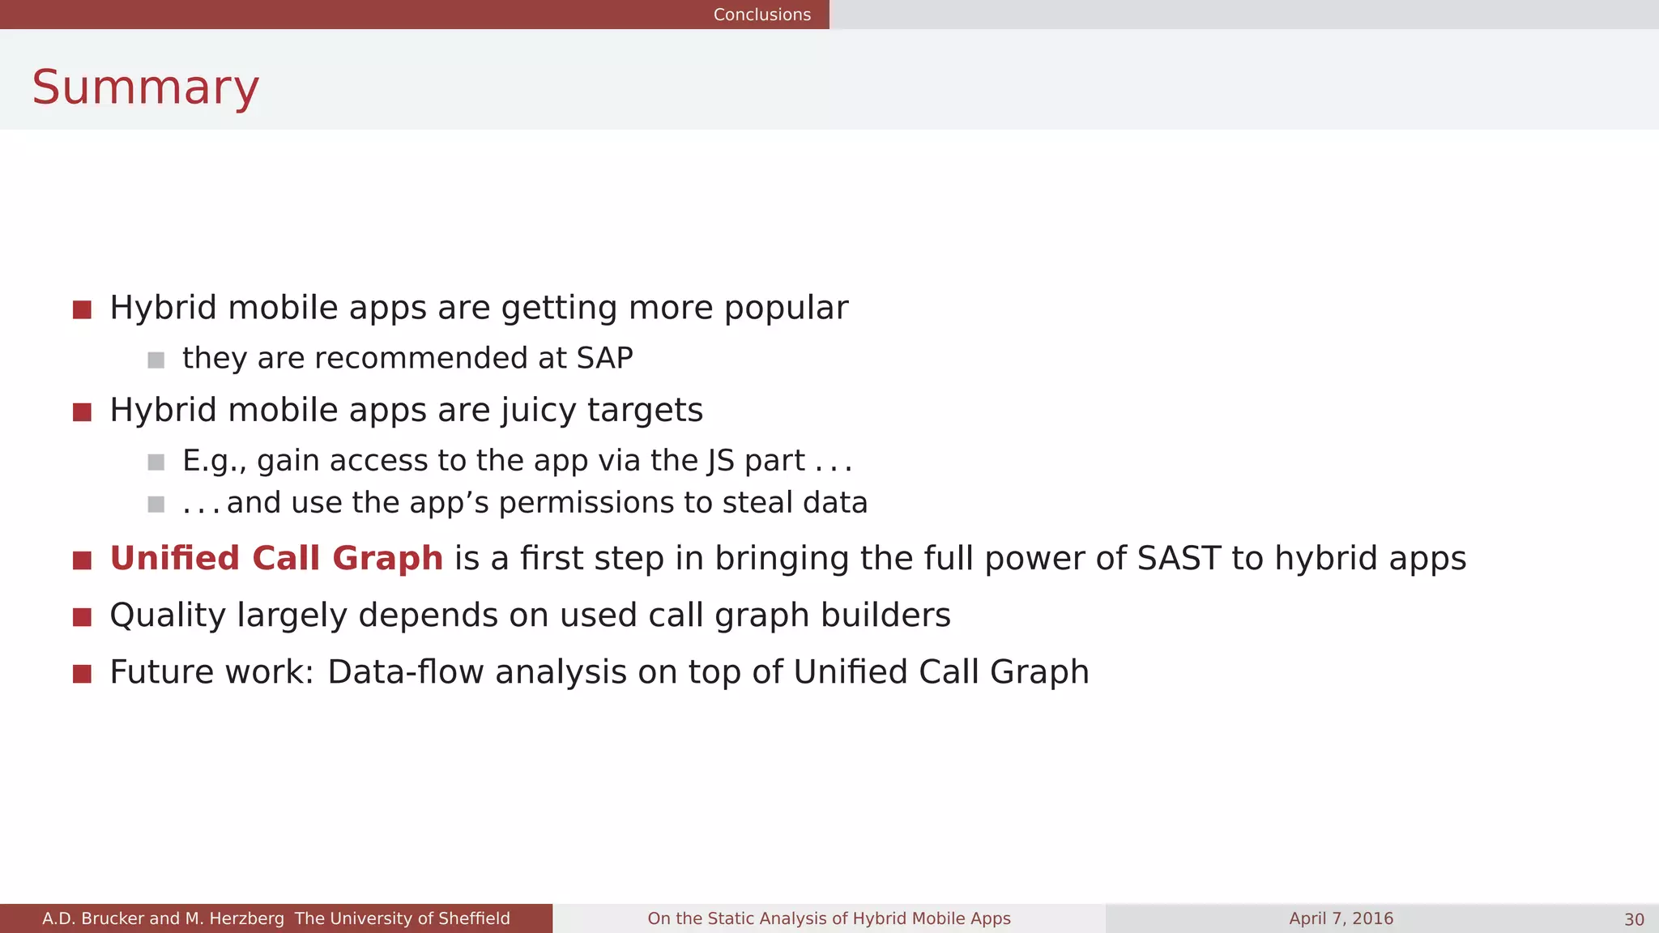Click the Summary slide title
(145, 87)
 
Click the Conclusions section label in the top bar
(761, 15)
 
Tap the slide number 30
(1633, 919)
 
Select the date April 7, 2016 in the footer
(1341, 918)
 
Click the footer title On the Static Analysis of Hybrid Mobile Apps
(829, 918)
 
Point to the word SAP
(604, 358)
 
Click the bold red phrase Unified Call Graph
(276, 559)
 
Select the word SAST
(1179, 559)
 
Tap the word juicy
(538, 411)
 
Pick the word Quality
(168, 616)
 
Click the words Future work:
(211, 672)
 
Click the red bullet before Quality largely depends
(82, 617)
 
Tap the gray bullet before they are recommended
(156, 360)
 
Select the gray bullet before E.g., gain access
(156, 462)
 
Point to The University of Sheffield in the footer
(402, 918)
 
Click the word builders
(885, 616)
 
